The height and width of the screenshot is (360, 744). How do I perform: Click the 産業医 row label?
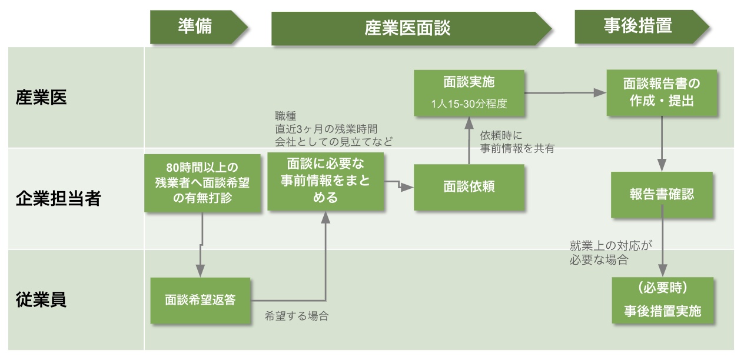click(41, 98)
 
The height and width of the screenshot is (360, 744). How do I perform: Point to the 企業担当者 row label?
click(58, 199)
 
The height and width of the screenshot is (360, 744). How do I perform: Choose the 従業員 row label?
click(41, 299)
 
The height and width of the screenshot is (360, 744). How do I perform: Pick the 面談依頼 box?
click(469, 187)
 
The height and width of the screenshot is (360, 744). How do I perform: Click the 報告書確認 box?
click(662, 195)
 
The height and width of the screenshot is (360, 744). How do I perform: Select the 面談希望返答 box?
click(201, 299)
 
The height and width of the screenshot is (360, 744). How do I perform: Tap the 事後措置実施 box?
click(662, 301)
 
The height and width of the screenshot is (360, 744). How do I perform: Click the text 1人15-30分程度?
click(469, 104)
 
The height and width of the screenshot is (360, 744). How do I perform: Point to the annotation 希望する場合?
click(296, 316)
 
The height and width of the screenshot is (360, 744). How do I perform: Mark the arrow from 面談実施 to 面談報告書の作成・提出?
click(565, 92)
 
